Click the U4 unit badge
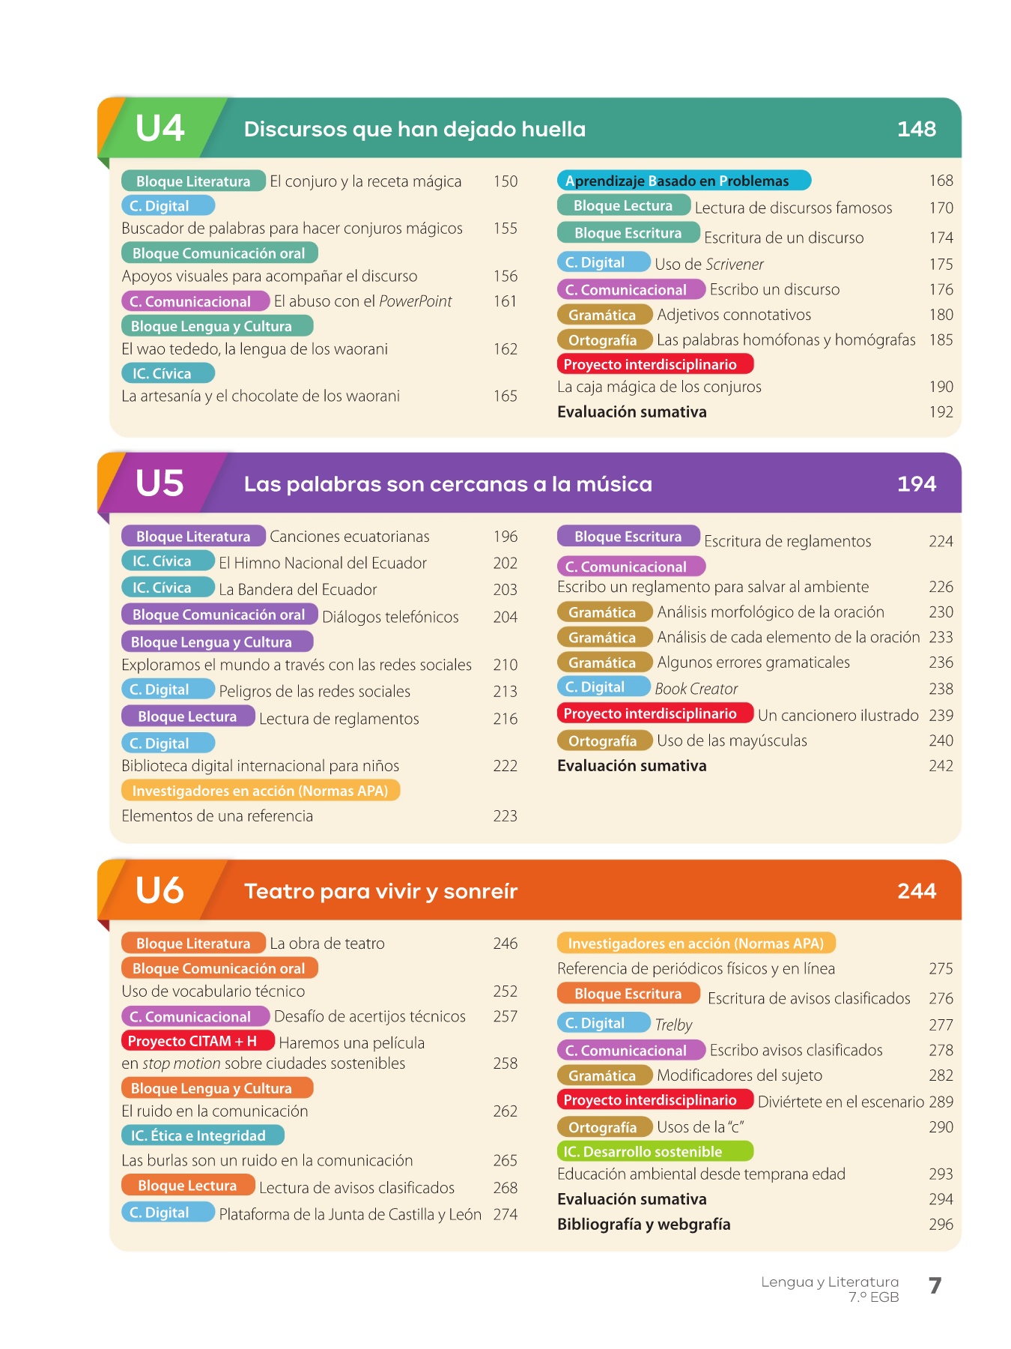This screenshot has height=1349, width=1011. (x=160, y=128)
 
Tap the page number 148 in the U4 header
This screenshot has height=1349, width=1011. (x=916, y=129)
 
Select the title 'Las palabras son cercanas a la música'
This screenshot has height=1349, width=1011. (x=448, y=484)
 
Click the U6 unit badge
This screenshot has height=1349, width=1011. (x=160, y=890)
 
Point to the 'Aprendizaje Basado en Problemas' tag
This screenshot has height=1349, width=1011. (x=683, y=181)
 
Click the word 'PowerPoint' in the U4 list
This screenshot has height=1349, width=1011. (x=415, y=301)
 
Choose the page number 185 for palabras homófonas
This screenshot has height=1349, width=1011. (x=941, y=340)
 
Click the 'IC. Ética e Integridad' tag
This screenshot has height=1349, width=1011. (x=202, y=1135)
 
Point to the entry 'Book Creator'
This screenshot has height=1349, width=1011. (x=696, y=689)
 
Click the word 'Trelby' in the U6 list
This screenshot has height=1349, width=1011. (x=673, y=1024)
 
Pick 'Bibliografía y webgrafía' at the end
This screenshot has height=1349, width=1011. (x=643, y=1224)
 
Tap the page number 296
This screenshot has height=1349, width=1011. (x=941, y=1224)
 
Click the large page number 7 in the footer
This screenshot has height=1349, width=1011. (x=935, y=1286)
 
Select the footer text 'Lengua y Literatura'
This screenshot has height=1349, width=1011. (x=829, y=1282)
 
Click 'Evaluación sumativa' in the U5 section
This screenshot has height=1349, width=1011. (x=631, y=766)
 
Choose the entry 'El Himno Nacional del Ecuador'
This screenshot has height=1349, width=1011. (x=322, y=563)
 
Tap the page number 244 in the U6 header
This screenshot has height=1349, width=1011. (x=916, y=891)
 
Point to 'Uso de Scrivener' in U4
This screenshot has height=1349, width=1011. (x=708, y=264)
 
